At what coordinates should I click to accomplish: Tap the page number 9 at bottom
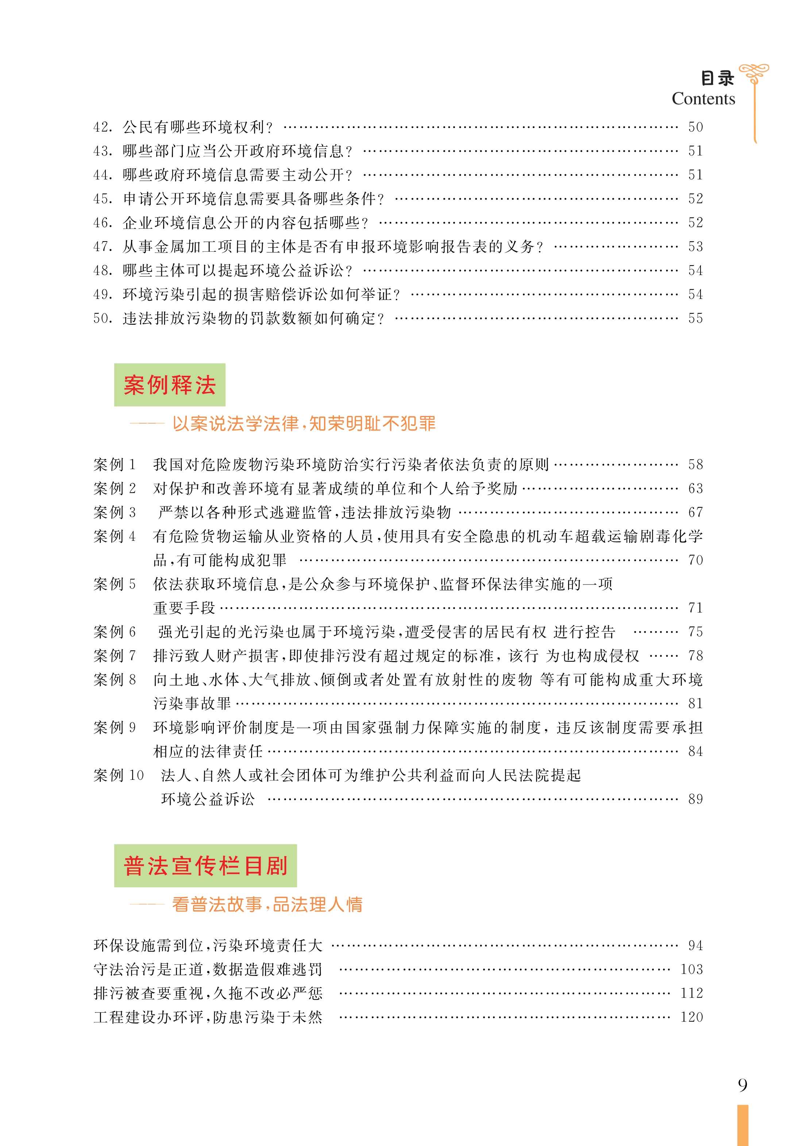click(742, 1085)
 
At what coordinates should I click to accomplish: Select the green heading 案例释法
click(170, 385)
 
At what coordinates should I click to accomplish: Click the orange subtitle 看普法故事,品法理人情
click(267, 904)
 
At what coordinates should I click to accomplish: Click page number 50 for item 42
click(695, 127)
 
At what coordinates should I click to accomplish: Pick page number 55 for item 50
click(695, 319)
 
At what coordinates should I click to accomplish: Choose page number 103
click(691, 969)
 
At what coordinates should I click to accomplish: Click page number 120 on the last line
click(691, 1017)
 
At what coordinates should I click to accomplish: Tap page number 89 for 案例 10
click(695, 799)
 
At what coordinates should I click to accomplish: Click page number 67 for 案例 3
click(695, 513)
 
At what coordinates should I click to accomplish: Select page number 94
click(695, 945)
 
